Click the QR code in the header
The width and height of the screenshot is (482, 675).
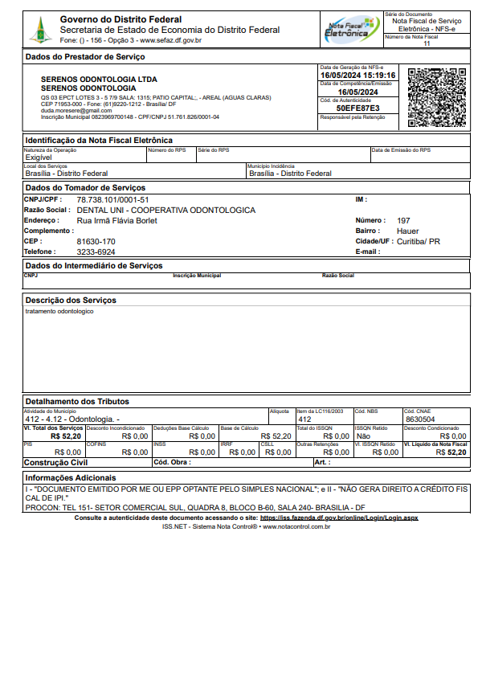[437, 96]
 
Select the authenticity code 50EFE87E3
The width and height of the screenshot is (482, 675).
[357, 107]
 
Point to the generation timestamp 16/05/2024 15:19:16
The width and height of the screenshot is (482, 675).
[357, 75]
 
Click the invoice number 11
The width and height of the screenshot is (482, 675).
[427, 43]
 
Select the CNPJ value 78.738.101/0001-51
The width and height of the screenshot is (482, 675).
[112, 199]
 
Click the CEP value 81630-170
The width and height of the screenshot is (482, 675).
[96, 241]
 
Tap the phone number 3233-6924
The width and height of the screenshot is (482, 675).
[96, 252]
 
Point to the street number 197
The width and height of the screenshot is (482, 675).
[403, 220]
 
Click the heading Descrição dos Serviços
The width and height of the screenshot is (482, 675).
[71, 301]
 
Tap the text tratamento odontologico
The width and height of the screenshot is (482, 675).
[59, 311]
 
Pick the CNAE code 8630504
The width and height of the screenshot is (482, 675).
[420, 419]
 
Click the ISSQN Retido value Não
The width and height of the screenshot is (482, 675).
[363, 436]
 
